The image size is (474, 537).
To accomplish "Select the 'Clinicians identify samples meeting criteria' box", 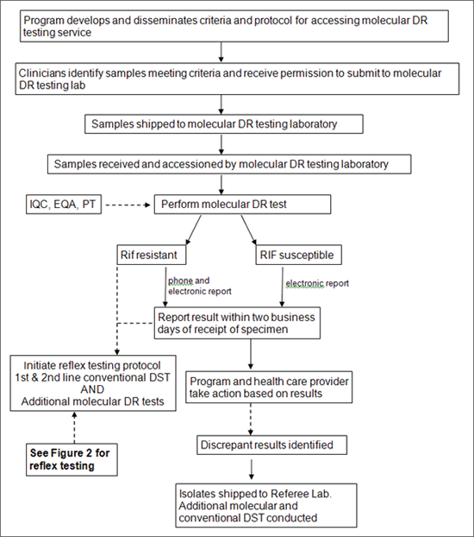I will [232, 80].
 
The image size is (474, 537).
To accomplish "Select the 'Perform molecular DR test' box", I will [244, 205].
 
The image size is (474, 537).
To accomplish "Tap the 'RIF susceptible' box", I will [299, 256].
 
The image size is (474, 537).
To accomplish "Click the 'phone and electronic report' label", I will [200, 286].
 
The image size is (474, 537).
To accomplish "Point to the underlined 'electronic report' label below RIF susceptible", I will [317, 282].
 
